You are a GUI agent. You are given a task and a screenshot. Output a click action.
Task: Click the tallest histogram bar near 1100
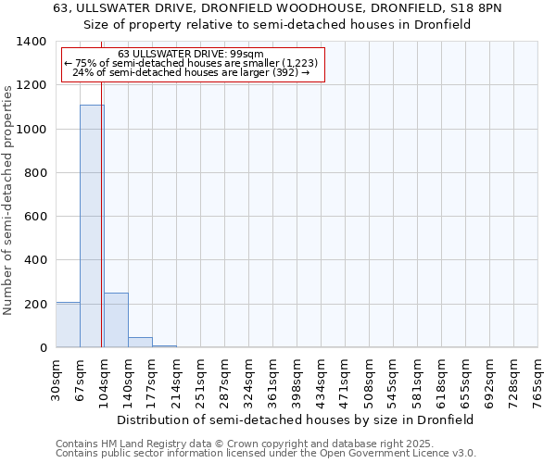tap(92, 226)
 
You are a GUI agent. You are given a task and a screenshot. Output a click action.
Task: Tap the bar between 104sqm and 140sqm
tap(116, 320)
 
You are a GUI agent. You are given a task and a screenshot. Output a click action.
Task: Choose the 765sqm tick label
tap(538, 380)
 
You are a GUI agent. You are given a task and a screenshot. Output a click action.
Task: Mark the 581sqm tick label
tap(418, 380)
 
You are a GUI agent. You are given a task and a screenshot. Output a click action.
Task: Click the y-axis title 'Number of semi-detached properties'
tap(9, 199)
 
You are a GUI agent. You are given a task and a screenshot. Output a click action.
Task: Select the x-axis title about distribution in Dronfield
tap(296, 419)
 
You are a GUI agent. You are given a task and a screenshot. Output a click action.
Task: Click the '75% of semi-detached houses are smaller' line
tap(192, 63)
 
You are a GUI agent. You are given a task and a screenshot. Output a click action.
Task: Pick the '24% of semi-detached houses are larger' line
tap(190, 72)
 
